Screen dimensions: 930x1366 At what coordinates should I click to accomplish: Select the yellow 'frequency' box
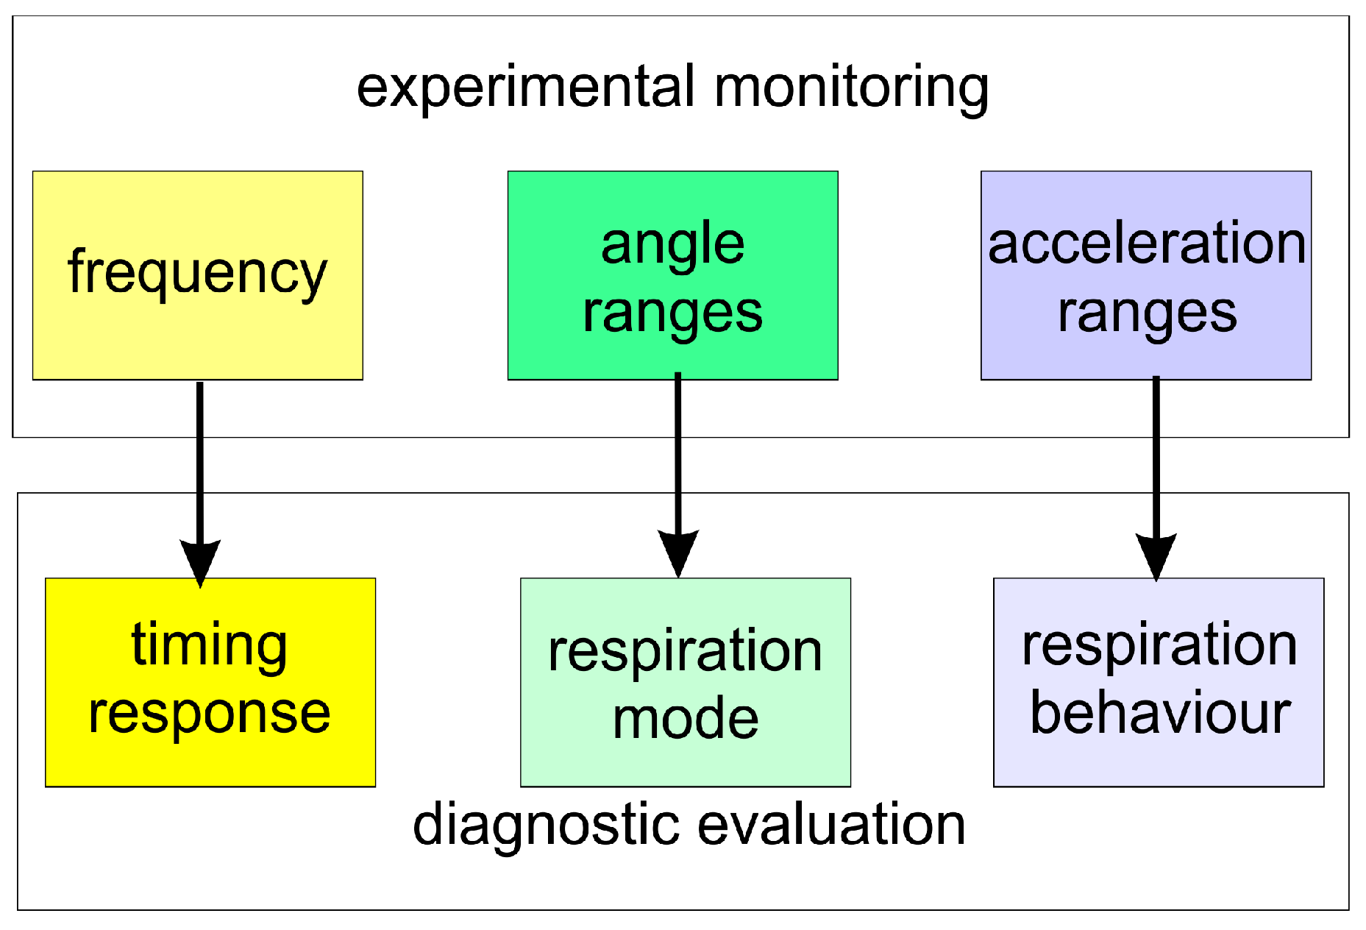pos(197,274)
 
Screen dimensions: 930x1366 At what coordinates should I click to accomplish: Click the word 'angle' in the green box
pos(672,244)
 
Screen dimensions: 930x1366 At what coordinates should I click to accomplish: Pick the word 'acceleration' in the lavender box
pos(1146,244)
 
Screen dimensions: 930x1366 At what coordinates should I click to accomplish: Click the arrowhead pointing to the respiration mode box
pos(678,552)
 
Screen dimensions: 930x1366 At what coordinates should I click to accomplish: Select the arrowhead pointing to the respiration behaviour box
pos(1156,555)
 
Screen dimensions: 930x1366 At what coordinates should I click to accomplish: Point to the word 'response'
pos(210,714)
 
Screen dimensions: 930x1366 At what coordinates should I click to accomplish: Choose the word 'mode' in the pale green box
pos(686,719)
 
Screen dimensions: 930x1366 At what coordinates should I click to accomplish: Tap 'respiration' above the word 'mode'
pos(686,651)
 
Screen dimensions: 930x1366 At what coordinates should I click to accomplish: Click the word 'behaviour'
pos(1160,713)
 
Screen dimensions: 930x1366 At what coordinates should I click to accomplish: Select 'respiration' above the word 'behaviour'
pos(1159,645)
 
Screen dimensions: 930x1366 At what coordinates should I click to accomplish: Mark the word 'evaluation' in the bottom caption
pos(831,824)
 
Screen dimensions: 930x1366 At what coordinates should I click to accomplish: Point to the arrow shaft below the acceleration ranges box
pos(1156,456)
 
